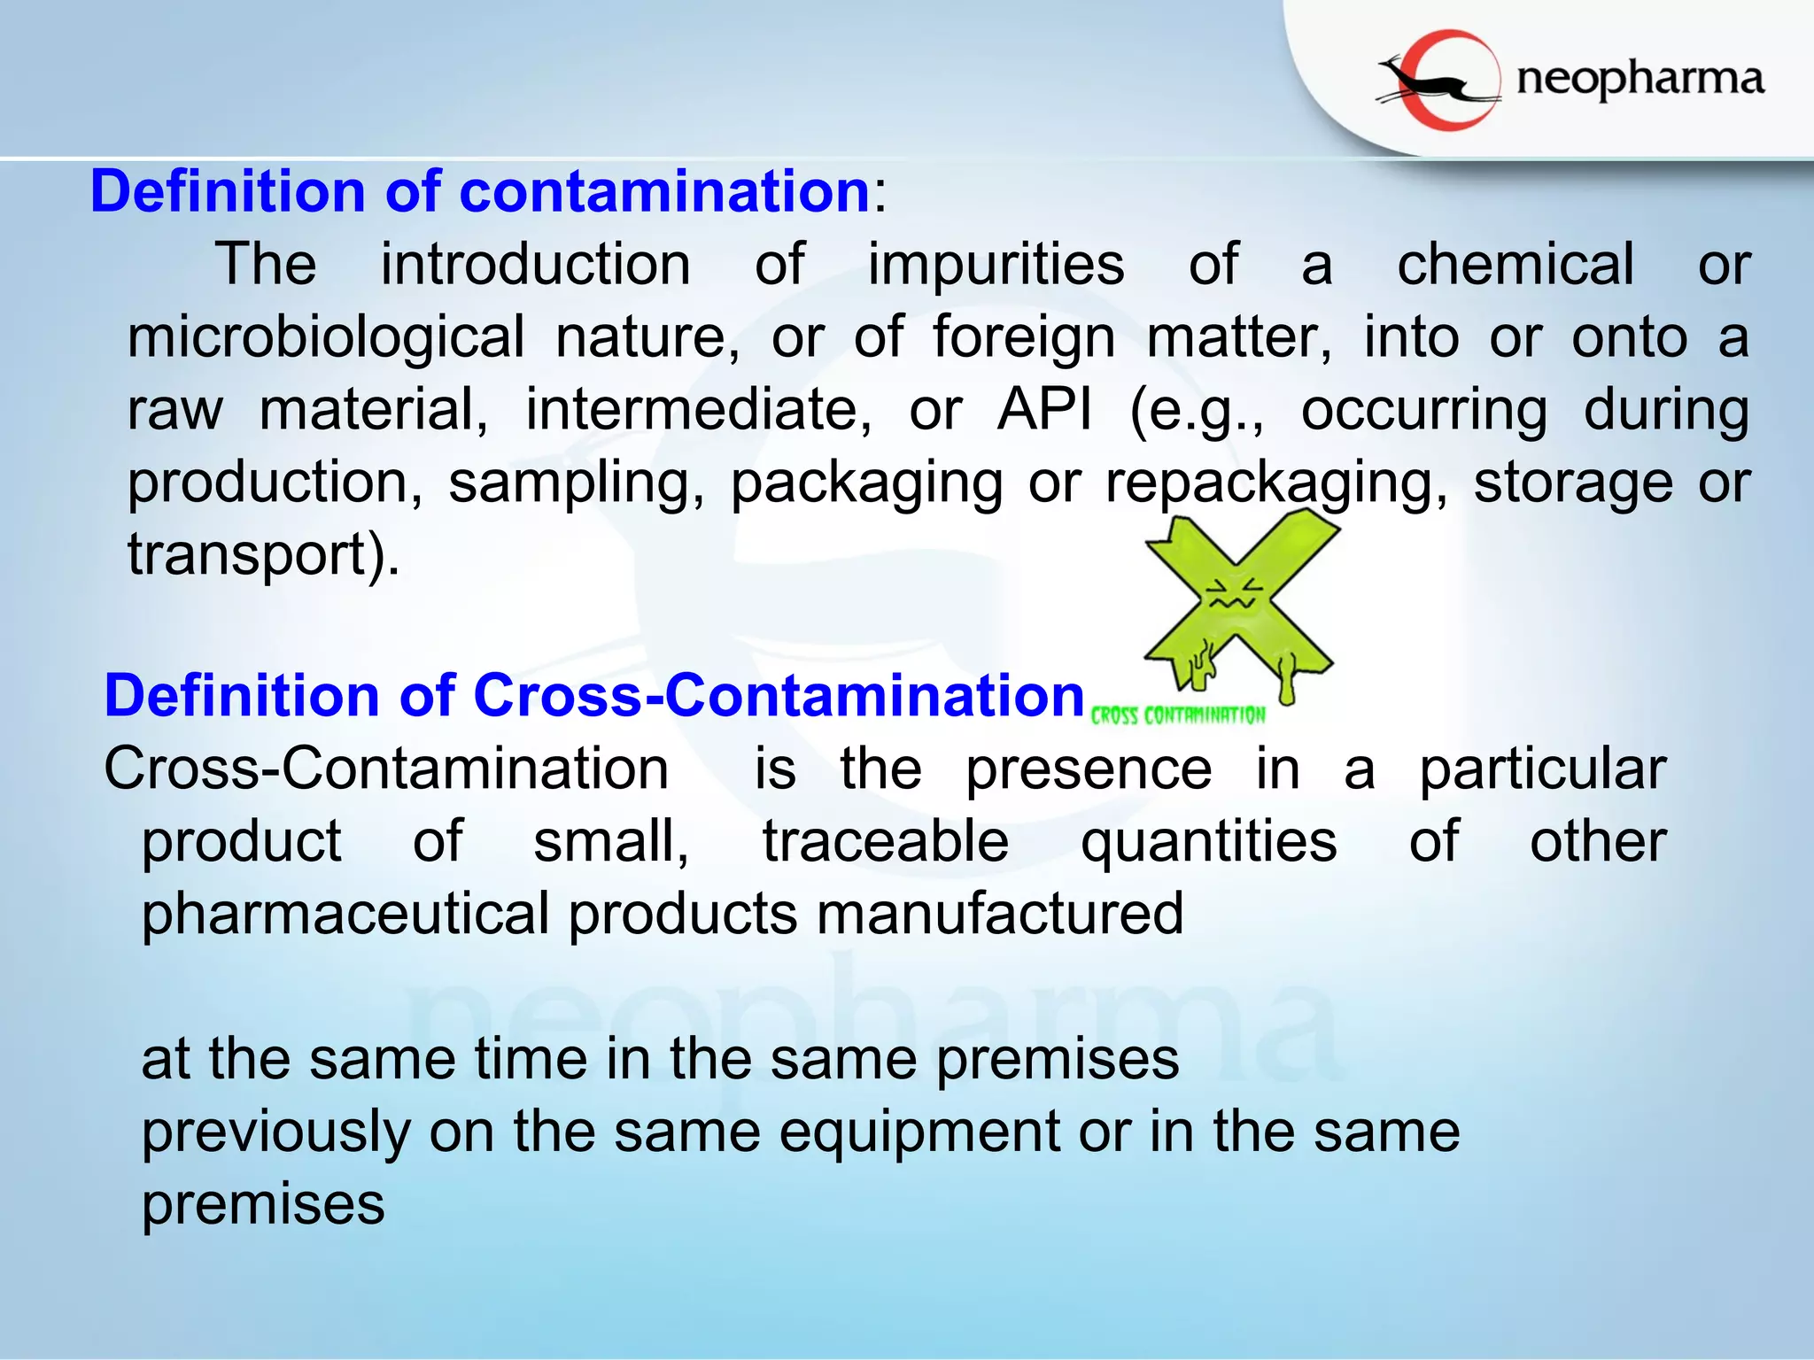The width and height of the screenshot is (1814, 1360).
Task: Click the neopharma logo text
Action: coord(1640,80)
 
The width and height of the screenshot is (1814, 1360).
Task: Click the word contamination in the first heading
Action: coord(664,191)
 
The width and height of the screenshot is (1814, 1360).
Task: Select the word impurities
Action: coord(996,265)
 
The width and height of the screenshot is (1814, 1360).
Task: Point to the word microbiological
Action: coord(326,338)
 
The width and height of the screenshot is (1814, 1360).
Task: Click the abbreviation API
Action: coord(1044,410)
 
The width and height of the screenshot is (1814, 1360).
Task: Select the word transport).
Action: coord(263,555)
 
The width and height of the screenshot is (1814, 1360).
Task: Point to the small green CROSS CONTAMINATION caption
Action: coord(1178,715)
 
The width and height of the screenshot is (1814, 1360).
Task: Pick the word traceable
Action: coord(885,841)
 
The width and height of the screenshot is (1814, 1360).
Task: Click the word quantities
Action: coord(1208,841)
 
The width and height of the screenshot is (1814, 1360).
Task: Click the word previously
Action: coord(275,1132)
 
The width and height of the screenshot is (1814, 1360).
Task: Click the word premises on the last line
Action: coord(263,1204)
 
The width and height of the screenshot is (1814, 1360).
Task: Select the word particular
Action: coord(1542,769)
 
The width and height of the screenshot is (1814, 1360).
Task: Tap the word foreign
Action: coord(1024,338)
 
